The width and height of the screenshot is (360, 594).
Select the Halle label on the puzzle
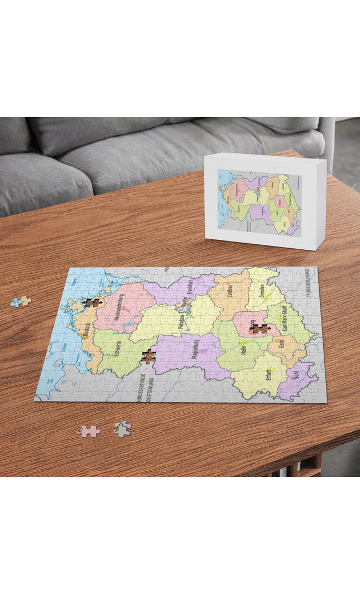pyautogui.click(x=243, y=350)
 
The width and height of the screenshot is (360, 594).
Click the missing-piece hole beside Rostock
pyautogui.click(x=91, y=303)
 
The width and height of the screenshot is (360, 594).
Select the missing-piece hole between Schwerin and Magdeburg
pyautogui.click(x=148, y=356)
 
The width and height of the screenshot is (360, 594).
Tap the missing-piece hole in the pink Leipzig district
pyautogui.click(x=258, y=328)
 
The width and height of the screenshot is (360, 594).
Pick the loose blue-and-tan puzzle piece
pyautogui.click(x=20, y=301)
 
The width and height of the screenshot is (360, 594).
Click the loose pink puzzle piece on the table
pyautogui.click(x=89, y=431)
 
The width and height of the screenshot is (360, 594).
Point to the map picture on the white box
pyautogui.click(x=259, y=202)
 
